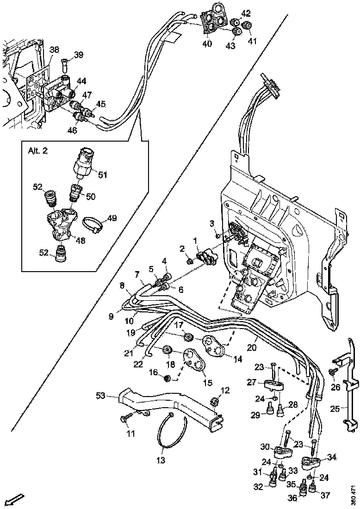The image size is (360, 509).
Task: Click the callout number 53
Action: click(101, 395)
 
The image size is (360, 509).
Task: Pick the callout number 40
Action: click(206, 44)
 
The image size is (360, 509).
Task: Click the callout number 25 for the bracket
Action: click(336, 409)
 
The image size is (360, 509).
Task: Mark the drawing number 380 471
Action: click(354, 495)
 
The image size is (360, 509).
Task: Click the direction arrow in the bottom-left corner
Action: click(14, 499)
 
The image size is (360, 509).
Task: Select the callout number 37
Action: click(325, 496)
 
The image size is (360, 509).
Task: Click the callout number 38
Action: click(54, 50)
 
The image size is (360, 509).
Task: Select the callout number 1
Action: click(196, 240)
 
